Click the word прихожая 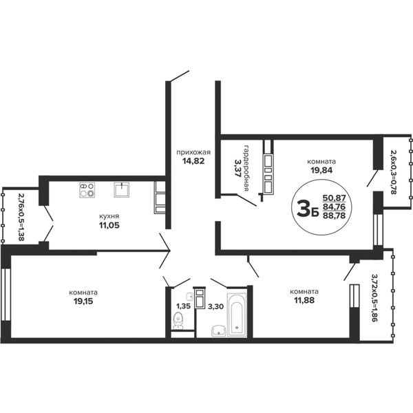point(193,153)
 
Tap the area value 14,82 point(193,161)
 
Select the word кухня point(109,216)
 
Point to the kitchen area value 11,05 point(109,225)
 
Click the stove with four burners point(87,190)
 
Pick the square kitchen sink point(121,190)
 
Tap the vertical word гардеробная point(246,167)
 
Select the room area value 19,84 point(321,170)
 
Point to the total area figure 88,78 point(334,215)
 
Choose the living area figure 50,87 point(334,198)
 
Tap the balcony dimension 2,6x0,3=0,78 point(393,172)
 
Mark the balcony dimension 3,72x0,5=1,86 point(374,298)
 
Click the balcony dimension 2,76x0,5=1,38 point(21,218)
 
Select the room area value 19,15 point(83,301)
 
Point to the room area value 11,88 point(304,300)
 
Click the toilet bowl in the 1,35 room point(178,320)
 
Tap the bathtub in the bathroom point(237,315)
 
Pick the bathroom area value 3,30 point(215,306)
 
